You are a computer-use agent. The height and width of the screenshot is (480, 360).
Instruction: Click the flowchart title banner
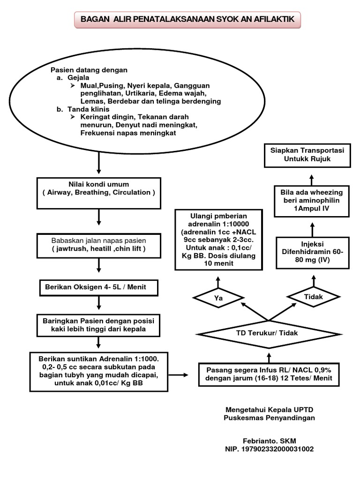pos(187,20)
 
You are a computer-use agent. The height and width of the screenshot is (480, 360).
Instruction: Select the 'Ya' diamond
pos(218,298)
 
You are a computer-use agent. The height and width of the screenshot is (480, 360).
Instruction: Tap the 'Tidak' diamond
pos(313,297)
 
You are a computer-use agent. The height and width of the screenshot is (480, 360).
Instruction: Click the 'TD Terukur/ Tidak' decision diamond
pos(269,334)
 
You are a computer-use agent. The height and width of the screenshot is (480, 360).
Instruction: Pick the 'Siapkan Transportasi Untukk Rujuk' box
pos(307,155)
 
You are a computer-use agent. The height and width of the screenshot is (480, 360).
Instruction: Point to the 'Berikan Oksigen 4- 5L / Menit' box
pos(98,287)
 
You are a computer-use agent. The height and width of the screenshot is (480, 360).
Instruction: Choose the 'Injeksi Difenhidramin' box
pos(313,253)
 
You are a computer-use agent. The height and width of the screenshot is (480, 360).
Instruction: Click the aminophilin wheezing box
pos(312,201)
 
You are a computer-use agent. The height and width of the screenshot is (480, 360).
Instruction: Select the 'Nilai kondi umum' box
pos(98,193)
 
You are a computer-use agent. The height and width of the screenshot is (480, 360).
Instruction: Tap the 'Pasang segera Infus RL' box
pos(269,375)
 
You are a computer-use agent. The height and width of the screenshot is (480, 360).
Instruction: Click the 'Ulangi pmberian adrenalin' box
pos(218,240)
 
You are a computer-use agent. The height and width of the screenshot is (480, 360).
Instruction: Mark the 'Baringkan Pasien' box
pos(98,325)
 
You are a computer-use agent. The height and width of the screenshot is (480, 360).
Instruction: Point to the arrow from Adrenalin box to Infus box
pos(178,375)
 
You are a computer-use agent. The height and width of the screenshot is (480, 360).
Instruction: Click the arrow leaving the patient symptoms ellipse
pos(98,163)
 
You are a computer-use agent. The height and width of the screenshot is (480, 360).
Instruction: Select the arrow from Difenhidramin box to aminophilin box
pos(312,230)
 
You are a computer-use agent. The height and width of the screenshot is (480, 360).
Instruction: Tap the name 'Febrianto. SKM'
pos(270,441)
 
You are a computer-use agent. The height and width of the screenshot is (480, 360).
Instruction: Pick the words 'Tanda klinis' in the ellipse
pos(88,109)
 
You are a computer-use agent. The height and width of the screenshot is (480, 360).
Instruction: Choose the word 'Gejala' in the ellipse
pos(78,78)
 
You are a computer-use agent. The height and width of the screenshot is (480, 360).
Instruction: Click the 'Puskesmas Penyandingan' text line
pos(269,418)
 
